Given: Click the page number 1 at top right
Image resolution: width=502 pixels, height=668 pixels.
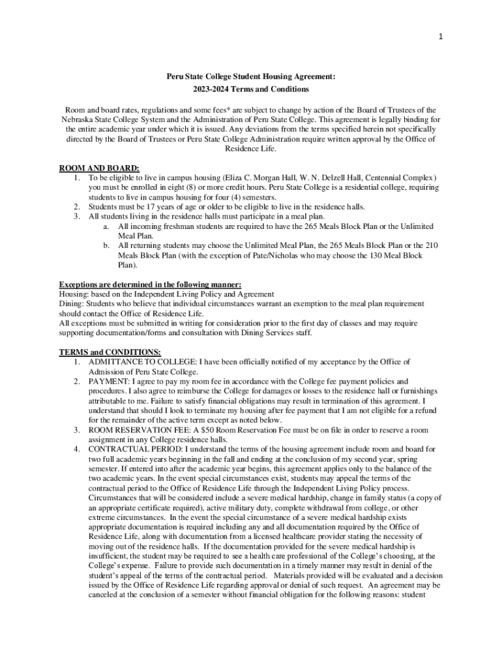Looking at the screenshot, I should [x=441, y=37].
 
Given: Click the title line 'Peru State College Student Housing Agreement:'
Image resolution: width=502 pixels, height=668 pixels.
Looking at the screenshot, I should [x=250, y=77].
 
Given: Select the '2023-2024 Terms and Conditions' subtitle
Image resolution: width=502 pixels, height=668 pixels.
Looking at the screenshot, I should [x=250, y=89].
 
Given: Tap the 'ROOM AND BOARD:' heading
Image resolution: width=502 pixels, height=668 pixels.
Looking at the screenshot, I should [x=91, y=168].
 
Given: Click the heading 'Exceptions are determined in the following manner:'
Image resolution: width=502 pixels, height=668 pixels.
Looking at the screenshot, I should [x=151, y=285].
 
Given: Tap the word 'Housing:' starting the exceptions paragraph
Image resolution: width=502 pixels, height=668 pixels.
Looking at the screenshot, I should [x=74, y=295].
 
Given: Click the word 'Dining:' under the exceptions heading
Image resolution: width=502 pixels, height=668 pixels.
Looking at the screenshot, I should [x=72, y=304].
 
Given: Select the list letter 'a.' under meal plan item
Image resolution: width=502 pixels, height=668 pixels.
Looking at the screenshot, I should [x=106, y=226].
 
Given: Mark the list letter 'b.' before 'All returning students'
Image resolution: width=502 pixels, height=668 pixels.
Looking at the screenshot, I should [x=106, y=246].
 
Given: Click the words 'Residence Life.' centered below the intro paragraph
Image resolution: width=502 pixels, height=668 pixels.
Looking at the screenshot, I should [x=250, y=149].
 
